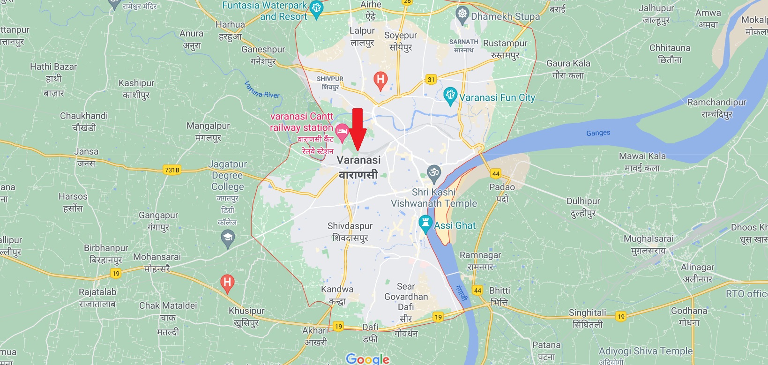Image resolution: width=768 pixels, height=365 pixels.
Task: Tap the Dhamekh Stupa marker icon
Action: (x=462, y=14)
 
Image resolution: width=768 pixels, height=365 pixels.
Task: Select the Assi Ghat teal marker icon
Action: (x=425, y=223)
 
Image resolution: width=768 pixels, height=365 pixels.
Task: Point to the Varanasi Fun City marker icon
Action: (x=450, y=95)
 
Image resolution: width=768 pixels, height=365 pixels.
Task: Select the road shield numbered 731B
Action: (x=172, y=170)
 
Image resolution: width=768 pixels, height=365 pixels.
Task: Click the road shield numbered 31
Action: (x=431, y=80)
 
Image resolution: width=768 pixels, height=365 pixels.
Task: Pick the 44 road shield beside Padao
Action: (x=496, y=174)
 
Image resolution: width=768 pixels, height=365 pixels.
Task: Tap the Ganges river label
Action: (x=598, y=133)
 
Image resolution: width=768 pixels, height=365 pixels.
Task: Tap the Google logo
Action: (x=368, y=359)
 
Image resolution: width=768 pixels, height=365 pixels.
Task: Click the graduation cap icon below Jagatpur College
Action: (x=228, y=238)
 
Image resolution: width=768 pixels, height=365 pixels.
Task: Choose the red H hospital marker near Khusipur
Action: (x=227, y=283)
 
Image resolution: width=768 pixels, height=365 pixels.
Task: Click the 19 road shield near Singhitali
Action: (x=621, y=317)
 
